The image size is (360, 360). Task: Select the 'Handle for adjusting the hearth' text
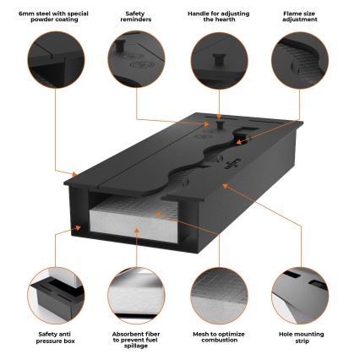(x=219, y=17)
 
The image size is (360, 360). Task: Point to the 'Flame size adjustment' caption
(x=300, y=17)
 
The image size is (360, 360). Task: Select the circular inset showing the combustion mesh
(x=219, y=295)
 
